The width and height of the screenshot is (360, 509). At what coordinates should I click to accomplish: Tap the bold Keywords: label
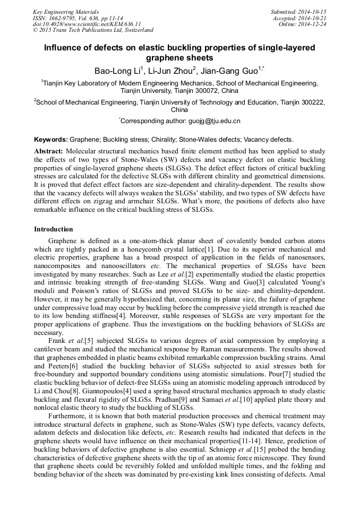click(51, 140)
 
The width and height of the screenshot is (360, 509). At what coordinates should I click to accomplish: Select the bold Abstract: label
click(49, 151)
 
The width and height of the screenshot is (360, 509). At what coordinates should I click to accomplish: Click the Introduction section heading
click(54, 229)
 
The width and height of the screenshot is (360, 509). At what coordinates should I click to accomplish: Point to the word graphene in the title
click(179, 58)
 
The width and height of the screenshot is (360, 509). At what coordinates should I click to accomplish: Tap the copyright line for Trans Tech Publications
click(93, 30)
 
